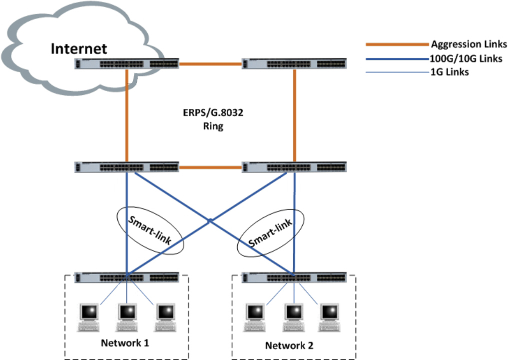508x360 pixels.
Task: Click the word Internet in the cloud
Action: click(x=79, y=48)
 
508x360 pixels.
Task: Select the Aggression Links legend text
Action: click(x=469, y=44)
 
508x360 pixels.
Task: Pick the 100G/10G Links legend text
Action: click(x=466, y=58)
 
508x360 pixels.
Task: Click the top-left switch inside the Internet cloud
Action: click(x=126, y=64)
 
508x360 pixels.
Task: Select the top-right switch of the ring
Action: click(x=294, y=64)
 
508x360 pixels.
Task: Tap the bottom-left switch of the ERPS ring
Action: click(x=126, y=167)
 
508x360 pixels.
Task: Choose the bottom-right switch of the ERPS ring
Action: click(x=294, y=167)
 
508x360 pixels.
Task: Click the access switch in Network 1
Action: click(x=126, y=277)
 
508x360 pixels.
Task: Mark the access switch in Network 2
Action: click(x=294, y=277)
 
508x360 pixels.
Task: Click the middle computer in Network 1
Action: click(x=127, y=316)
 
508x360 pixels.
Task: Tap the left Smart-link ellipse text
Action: click(x=150, y=230)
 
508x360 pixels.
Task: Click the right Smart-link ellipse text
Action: click(x=270, y=233)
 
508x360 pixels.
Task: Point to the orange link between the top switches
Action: click(x=210, y=64)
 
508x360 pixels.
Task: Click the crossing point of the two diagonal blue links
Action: click(x=210, y=219)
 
